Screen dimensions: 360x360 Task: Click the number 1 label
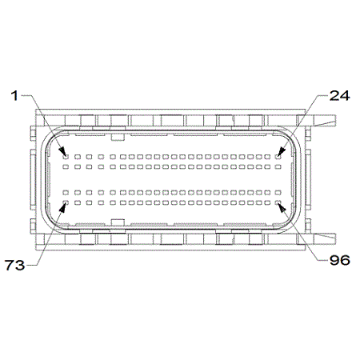point(14,96)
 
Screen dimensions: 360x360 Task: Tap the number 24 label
point(339,96)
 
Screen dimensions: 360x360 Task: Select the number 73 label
point(15,265)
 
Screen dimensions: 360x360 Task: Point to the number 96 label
point(340,260)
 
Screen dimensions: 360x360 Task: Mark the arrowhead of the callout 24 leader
point(282,152)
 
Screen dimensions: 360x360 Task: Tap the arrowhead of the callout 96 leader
point(282,208)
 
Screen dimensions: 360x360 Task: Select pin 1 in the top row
point(66,157)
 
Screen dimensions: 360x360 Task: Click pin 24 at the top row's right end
point(278,157)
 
